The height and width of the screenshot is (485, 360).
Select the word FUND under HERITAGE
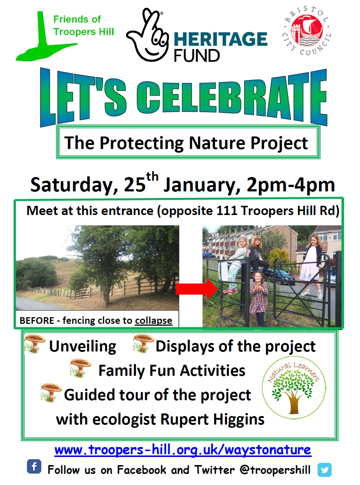click(x=197, y=56)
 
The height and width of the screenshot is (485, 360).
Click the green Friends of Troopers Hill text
click(x=84, y=25)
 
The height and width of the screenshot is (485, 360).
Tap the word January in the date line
click(x=199, y=186)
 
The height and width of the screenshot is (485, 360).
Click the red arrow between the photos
click(x=196, y=289)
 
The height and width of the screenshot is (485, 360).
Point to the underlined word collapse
click(x=153, y=321)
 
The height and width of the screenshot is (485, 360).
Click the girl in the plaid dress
click(x=259, y=298)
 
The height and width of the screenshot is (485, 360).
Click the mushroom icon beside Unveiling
click(x=35, y=344)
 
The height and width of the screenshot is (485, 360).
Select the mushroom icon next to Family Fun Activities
click(x=80, y=368)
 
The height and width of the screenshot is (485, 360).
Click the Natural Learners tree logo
click(x=294, y=388)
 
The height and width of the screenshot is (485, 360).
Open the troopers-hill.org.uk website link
click(x=183, y=450)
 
